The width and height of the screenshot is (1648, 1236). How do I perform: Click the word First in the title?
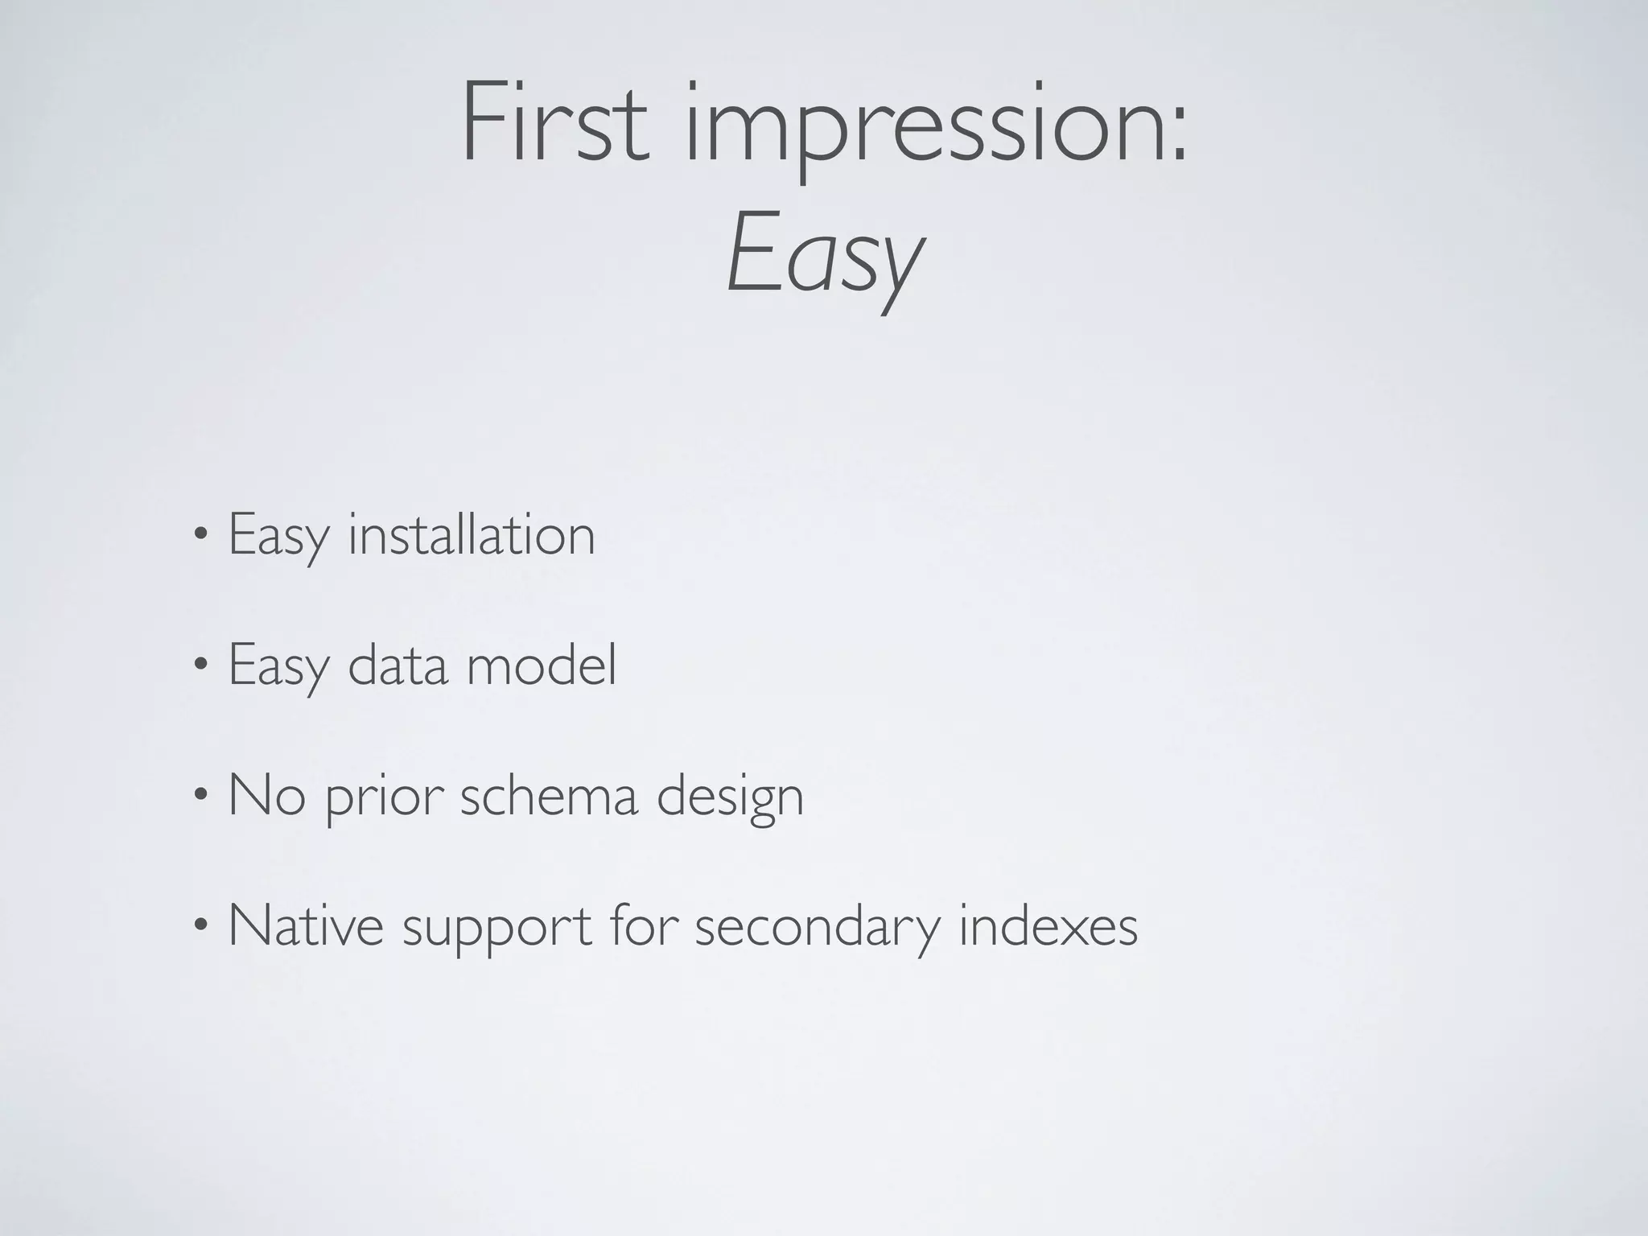[x=554, y=122]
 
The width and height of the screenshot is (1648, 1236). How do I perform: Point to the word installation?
[x=472, y=534]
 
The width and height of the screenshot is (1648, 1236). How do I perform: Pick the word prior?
[x=384, y=798]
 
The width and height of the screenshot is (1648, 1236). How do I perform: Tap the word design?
[x=730, y=798]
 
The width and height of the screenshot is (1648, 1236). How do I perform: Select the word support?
[x=496, y=929]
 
